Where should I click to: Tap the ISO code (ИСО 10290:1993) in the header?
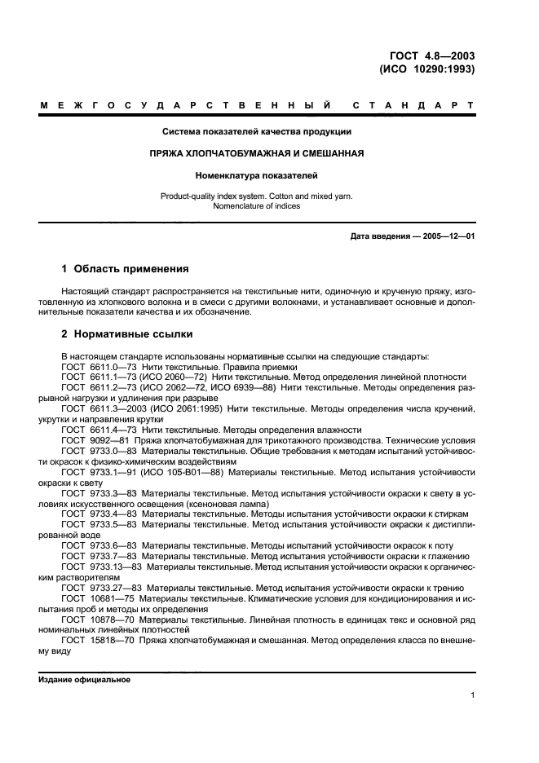point(427,69)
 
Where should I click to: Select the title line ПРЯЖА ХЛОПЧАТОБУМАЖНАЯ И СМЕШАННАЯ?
point(256,152)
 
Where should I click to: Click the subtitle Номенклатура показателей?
point(256,174)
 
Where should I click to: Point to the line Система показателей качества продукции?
point(256,131)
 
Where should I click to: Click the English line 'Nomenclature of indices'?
point(256,206)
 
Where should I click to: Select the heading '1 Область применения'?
point(126,268)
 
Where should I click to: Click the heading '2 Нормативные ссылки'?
point(128,334)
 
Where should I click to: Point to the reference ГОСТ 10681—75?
point(96,598)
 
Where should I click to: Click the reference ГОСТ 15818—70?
point(96,640)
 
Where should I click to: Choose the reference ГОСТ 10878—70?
point(96,619)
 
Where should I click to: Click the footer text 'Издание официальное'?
point(84,679)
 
